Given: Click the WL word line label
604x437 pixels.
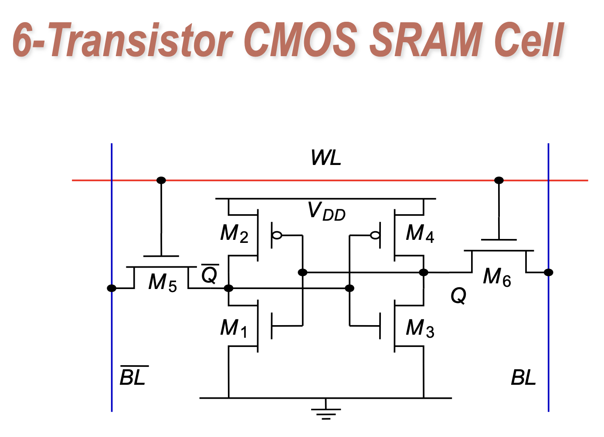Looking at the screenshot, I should (326, 158).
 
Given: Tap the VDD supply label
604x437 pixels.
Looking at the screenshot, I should (326, 212).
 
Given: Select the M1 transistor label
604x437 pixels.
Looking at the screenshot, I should (234, 328).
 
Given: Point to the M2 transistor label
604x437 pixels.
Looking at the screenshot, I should (234, 234).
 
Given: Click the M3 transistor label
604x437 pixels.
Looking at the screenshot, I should (420, 328).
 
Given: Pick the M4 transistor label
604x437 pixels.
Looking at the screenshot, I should (420, 234).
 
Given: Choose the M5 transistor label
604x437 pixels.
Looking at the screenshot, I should (163, 282).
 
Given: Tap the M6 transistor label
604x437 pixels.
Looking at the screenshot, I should (497, 277).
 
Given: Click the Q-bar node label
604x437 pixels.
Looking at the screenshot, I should (210, 274).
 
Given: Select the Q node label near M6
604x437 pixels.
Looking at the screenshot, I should (458, 296).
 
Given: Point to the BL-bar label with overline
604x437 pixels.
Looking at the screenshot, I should (133, 376).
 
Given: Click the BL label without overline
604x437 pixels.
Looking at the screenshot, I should (523, 377).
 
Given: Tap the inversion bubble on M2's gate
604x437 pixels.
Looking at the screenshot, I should (277, 235).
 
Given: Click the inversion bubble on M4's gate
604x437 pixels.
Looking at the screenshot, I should (374, 235).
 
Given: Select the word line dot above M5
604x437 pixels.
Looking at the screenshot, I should (161, 180).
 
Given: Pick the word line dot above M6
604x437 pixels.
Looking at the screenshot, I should (499, 180).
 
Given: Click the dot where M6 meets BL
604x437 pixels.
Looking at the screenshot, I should (549, 272).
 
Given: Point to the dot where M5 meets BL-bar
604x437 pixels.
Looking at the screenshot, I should (112, 288).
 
